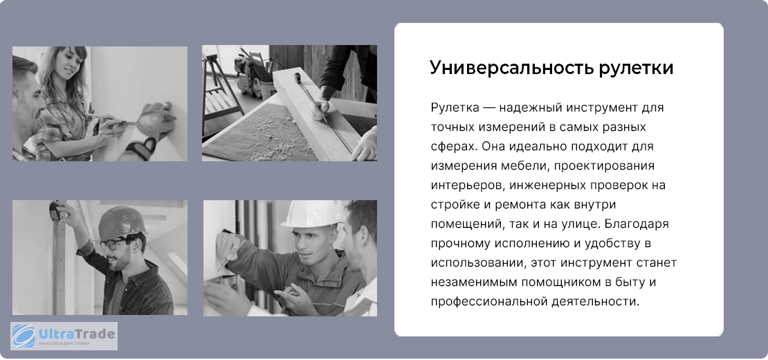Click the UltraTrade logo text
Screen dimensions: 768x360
[x=76, y=334]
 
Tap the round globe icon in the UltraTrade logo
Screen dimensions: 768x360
[x=24, y=336]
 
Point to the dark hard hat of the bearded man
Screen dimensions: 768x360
[x=121, y=222]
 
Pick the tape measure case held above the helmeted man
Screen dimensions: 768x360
[x=55, y=210]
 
